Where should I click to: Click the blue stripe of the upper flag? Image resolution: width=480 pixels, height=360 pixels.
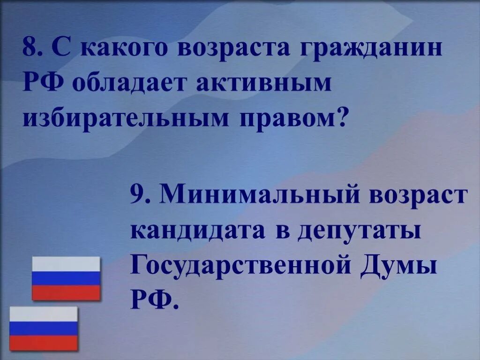point(66,278)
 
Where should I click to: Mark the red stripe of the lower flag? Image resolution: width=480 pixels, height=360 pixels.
point(44,343)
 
